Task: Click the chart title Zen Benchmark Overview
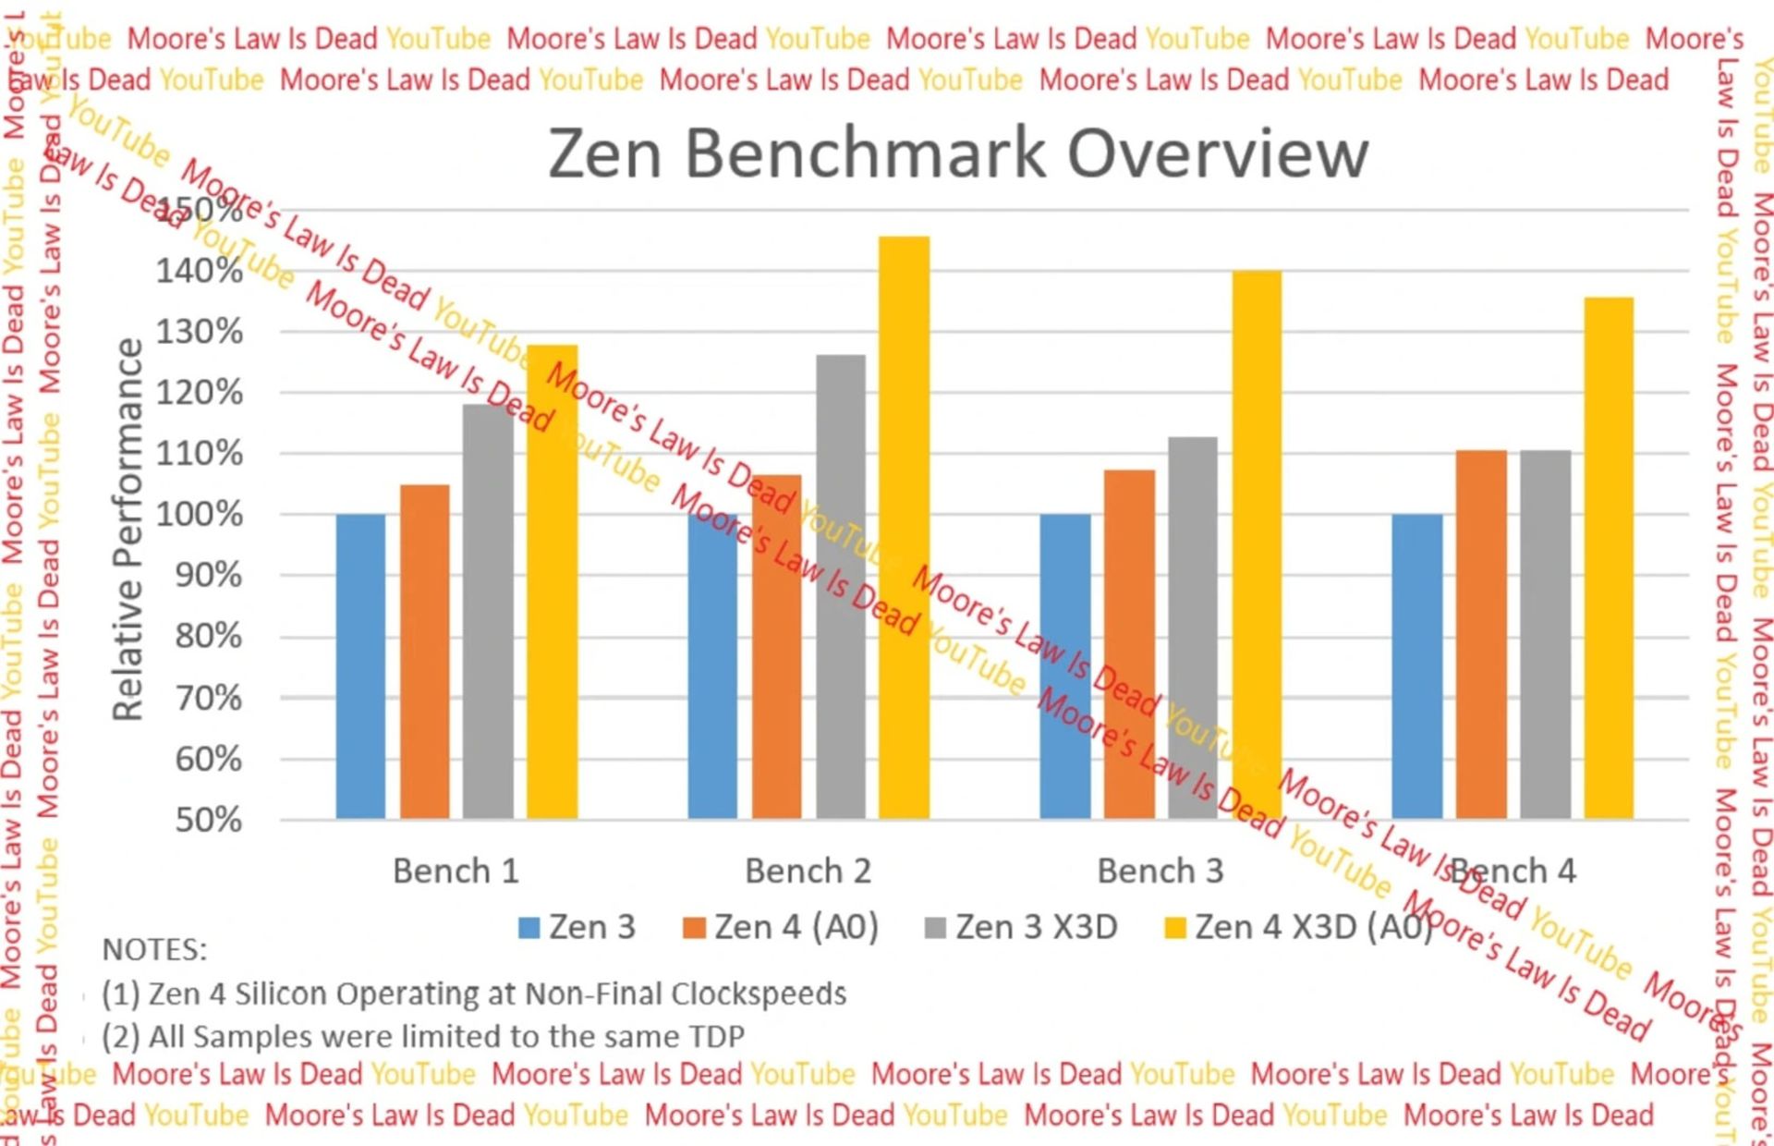click(x=958, y=152)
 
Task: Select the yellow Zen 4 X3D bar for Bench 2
click(x=904, y=527)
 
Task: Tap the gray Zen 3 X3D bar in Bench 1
click(x=488, y=610)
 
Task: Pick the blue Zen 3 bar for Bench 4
click(x=1416, y=665)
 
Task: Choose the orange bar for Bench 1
click(x=425, y=652)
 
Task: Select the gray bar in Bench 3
click(x=1193, y=628)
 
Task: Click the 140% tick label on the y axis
click(x=200, y=271)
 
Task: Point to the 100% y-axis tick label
click(x=200, y=514)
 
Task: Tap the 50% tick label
click(x=209, y=820)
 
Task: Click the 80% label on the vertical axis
click(x=209, y=636)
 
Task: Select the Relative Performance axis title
click(x=128, y=529)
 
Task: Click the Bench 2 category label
click(x=808, y=871)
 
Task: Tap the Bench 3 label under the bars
click(x=1160, y=871)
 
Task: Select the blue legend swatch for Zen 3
click(x=529, y=928)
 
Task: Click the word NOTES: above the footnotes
click(x=154, y=949)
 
